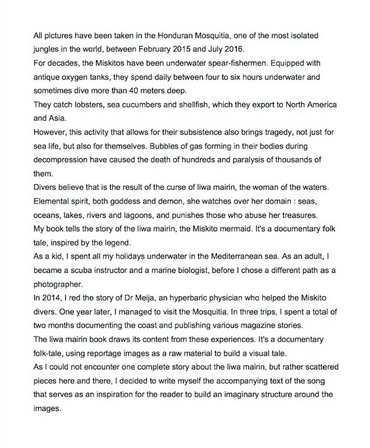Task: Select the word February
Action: pos(155,49)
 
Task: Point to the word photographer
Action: pos(58,284)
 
